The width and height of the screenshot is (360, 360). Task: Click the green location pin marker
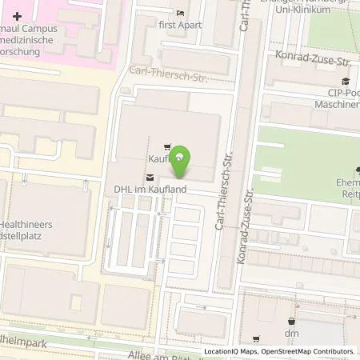tap(182, 158)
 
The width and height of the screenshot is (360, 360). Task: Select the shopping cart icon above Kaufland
tap(166, 146)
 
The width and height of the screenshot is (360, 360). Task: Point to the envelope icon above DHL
tap(149, 177)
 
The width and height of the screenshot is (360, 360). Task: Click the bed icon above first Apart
tap(181, 13)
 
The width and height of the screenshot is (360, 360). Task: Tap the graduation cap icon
tap(346, 81)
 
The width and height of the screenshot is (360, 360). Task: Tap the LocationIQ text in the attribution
tap(220, 351)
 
